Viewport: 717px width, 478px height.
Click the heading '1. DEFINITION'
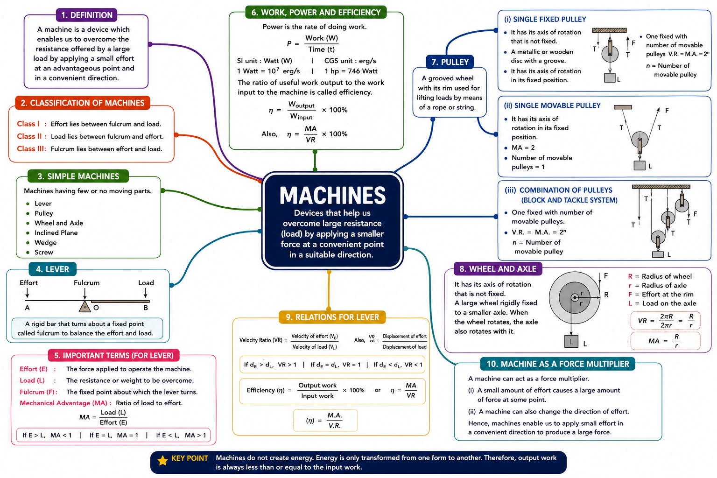[x=86, y=15]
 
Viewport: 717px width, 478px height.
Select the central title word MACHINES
[x=332, y=195]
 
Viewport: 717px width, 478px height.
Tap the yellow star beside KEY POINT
[x=162, y=461]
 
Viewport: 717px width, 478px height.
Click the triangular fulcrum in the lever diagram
[x=84, y=306]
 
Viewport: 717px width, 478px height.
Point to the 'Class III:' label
[x=31, y=149]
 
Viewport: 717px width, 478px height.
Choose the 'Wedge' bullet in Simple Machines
[x=45, y=242]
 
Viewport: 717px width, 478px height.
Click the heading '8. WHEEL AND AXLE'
[x=498, y=269]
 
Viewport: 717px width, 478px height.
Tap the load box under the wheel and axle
[x=571, y=341]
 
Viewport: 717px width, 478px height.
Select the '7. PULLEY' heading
[x=450, y=62]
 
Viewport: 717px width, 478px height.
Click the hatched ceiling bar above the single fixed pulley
[x=609, y=30]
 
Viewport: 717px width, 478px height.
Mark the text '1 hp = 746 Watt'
[x=351, y=71]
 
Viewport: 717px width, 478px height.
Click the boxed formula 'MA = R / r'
[x=665, y=341]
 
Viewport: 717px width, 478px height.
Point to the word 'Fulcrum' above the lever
[x=86, y=283]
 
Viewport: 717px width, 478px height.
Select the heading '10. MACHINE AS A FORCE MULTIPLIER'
[x=558, y=364]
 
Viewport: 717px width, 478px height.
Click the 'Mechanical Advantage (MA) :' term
[x=66, y=403]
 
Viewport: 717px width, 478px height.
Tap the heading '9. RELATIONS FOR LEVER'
[x=332, y=317]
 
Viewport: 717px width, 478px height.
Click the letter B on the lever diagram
[x=146, y=308]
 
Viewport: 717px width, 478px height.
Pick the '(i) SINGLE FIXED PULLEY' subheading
[x=545, y=19]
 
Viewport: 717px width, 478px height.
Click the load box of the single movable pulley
[x=639, y=166]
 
